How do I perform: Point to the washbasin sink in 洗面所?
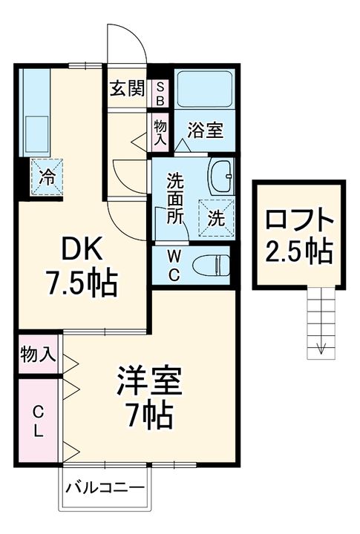tap(220, 177)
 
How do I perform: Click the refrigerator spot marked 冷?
tap(46, 177)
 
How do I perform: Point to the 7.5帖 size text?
tap(81, 283)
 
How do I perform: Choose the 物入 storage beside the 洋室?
tap(38, 354)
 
